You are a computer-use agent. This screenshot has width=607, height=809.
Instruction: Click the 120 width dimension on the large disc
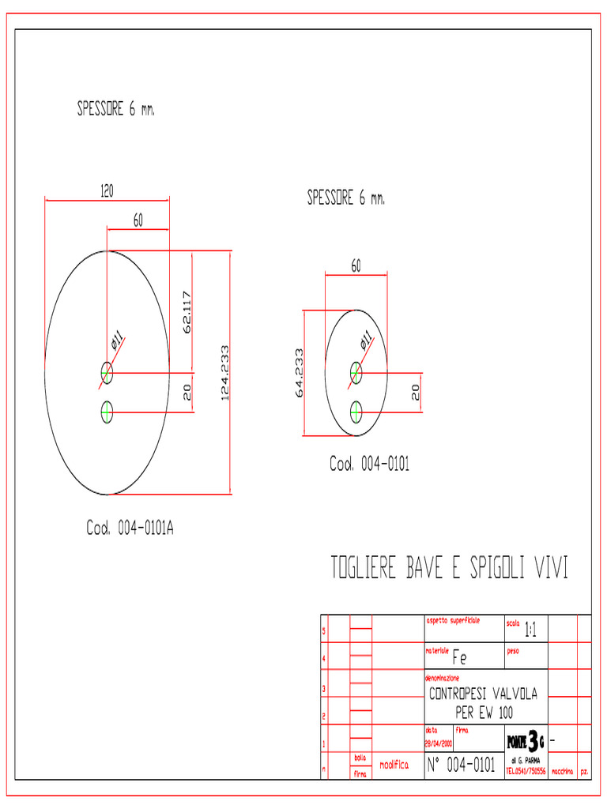106,190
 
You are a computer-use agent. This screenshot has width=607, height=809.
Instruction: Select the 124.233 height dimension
224,372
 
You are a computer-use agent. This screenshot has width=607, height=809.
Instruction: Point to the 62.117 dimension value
187,313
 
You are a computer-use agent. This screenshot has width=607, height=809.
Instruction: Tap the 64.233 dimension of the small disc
299,372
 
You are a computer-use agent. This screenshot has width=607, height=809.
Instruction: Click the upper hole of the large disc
107,371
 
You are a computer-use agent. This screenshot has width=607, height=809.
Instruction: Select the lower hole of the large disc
107,411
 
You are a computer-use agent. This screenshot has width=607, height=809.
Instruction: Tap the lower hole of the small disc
356,411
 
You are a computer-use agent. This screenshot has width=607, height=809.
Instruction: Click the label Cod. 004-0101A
130,528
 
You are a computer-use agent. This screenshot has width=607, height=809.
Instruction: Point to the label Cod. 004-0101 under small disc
369,465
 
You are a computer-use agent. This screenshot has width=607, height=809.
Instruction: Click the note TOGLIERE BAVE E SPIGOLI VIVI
449,568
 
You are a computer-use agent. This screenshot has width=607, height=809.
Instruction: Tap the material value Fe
459,657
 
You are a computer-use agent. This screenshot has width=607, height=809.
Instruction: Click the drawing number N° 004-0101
461,765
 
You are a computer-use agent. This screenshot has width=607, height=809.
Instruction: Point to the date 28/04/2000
439,743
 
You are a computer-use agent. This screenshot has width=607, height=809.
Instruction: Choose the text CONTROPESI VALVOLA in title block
483,694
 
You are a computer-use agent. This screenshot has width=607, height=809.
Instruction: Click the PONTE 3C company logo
525,742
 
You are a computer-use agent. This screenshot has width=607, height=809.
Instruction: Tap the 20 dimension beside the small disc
415,392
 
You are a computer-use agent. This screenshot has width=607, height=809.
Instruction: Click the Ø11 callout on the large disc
119,342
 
